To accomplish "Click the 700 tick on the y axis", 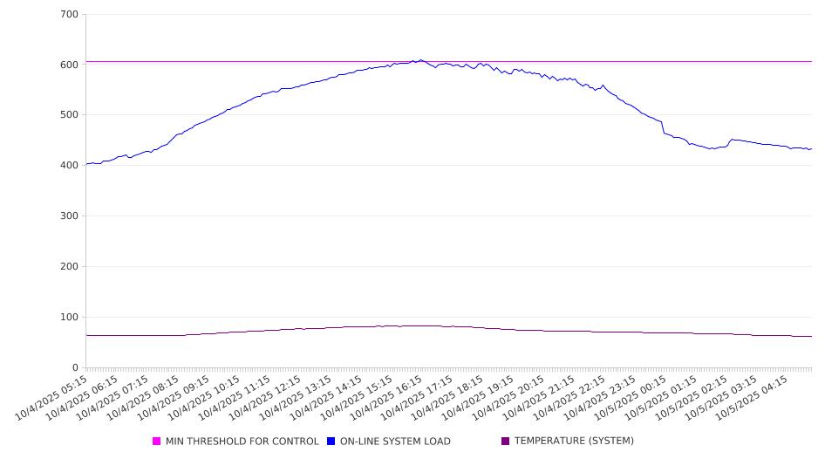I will tap(69, 15).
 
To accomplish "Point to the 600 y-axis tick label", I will tap(69, 65).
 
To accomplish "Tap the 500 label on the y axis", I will tap(69, 115).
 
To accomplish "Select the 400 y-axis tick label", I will tap(69, 166).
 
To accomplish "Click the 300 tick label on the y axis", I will tap(69, 216).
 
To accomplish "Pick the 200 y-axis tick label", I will tap(69, 267).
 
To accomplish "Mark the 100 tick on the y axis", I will tap(69, 318).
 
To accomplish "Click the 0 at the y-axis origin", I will tap(76, 368).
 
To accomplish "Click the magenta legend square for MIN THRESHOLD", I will tap(157, 442).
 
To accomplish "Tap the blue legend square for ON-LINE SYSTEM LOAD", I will tap(331, 442).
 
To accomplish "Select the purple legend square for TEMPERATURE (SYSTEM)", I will tap(506, 442).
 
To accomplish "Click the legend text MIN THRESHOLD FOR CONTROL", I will tap(242, 442).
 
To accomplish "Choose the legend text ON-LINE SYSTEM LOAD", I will tap(396, 442).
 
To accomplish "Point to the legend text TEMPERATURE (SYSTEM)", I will tap(574, 442).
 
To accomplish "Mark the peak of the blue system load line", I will tap(420, 60).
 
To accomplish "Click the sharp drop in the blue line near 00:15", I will tap(663, 127).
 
